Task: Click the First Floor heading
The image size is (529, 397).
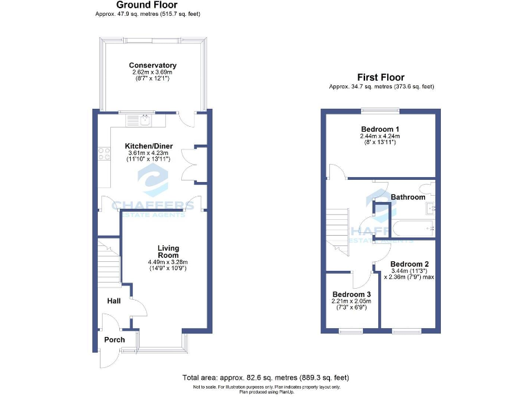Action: [x=380, y=77]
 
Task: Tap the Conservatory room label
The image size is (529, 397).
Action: [x=153, y=65]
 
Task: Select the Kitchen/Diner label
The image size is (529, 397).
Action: [x=148, y=146]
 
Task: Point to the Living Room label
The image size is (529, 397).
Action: [x=168, y=252]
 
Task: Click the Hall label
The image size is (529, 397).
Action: [x=114, y=301]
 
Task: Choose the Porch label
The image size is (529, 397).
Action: [x=114, y=340]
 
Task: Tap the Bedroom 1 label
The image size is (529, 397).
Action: [x=380, y=129]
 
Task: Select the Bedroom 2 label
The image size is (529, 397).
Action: [x=409, y=264]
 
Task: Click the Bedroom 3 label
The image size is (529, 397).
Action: [x=351, y=294]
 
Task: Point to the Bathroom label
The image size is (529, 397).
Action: [x=408, y=197]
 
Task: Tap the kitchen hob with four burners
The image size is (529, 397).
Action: [x=105, y=154]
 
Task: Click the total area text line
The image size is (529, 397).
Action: [x=265, y=377]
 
